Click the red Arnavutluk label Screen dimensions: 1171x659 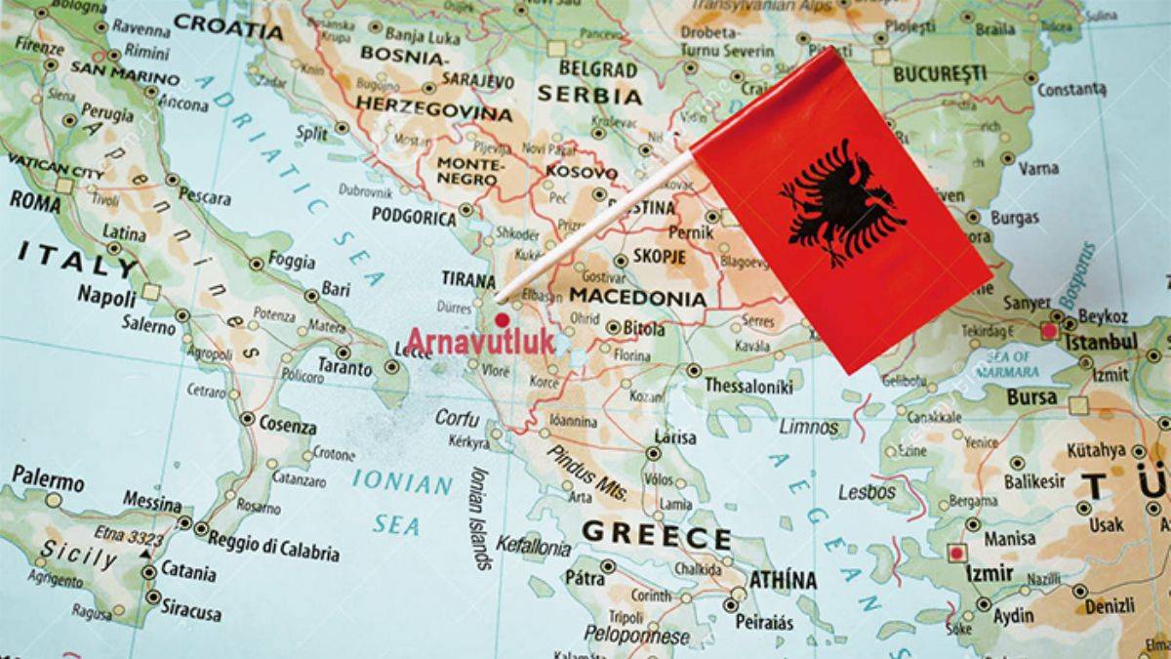point(479,342)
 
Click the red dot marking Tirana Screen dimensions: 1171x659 point(502,319)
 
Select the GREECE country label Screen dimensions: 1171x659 point(656,536)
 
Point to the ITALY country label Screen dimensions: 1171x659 point(76,258)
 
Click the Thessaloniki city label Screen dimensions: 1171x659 point(747,386)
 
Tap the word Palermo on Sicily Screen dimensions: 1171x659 point(48,478)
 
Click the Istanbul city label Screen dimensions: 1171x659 point(1100,342)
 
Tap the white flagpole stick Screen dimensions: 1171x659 point(595,226)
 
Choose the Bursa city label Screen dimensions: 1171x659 point(1031,397)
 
